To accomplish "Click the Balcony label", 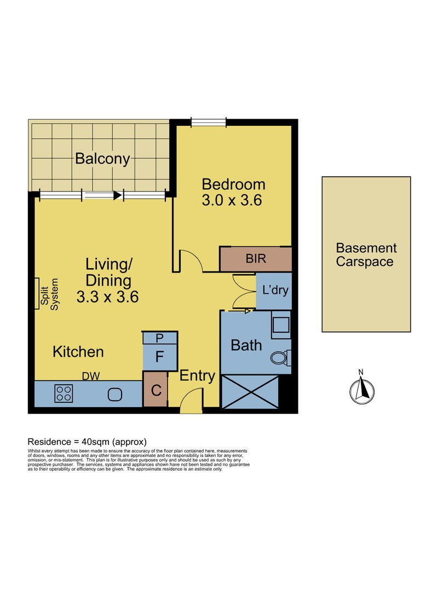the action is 102,159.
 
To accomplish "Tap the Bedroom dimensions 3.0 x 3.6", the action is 232,200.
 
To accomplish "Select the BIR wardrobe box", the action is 256,259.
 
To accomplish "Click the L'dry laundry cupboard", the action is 274,291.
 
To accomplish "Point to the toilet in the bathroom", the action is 281,358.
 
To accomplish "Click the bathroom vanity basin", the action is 281,325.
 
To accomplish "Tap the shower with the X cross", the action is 250,392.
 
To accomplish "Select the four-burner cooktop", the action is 64,393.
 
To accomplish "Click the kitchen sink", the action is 115,395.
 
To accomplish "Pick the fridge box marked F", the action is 160,357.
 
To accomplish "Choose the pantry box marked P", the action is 160,338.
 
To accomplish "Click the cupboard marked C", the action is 156,390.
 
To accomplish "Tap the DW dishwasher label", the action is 91,376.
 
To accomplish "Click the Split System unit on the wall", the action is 37,294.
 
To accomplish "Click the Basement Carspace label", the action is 366,255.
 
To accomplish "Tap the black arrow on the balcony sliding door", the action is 118,195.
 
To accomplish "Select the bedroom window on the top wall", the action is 209,122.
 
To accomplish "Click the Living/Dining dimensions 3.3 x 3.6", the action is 107,297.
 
